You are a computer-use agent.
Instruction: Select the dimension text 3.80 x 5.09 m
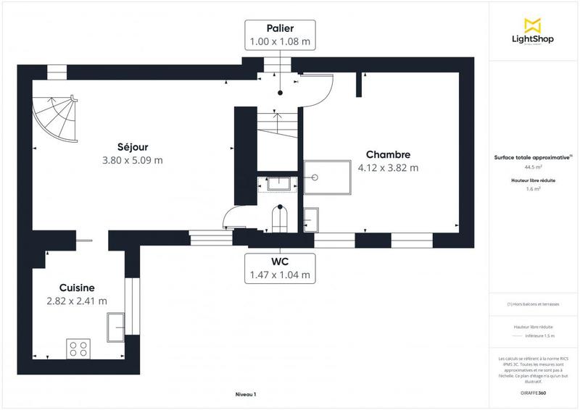[x=133, y=160]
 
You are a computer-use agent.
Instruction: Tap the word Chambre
[x=388, y=154]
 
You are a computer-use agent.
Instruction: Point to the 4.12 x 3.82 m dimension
[x=388, y=168]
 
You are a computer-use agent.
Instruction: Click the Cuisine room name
[x=77, y=288]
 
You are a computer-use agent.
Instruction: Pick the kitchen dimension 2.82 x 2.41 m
[x=77, y=301]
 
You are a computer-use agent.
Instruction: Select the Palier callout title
[x=280, y=28]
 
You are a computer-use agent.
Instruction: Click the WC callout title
[x=280, y=262]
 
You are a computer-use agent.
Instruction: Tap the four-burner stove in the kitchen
[x=78, y=348]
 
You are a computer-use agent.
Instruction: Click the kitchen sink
[x=115, y=327]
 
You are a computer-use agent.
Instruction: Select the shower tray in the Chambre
[x=326, y=177]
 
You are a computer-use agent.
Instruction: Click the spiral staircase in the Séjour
[x=54, y=119]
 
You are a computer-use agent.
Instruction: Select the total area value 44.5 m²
[x=534, y=167]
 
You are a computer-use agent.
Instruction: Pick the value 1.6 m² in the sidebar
[x=534, y=190]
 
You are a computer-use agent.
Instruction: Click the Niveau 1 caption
[x=246, y=394]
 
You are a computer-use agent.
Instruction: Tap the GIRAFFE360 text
[x=534, y=392]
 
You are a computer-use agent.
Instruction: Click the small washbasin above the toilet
[x=279, y=184]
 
